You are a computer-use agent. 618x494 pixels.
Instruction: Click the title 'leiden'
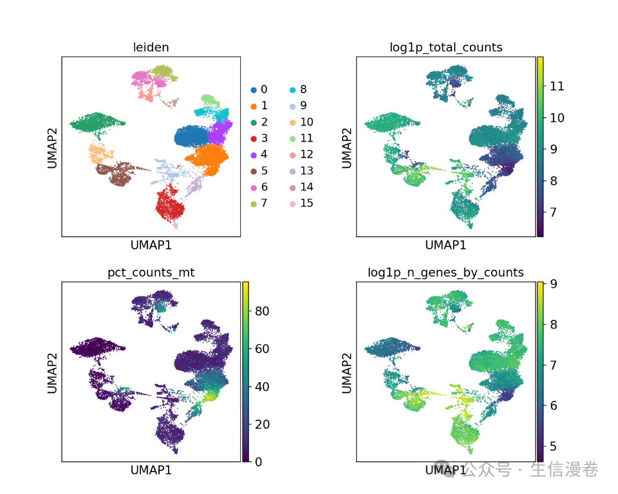coord(151,48)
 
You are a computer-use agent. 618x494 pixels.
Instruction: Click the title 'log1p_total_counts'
coord(446,48)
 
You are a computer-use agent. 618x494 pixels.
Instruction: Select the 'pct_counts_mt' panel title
coord(151,273)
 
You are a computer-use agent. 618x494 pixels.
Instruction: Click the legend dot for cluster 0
coord(254,89)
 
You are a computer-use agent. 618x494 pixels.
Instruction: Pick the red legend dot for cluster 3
coord(254,138)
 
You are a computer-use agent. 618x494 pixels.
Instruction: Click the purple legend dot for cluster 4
coord(254,154)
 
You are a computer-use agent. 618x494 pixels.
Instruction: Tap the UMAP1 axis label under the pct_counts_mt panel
coord(151,470)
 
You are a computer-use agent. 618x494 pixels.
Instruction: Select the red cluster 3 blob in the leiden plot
coord(169,204)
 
